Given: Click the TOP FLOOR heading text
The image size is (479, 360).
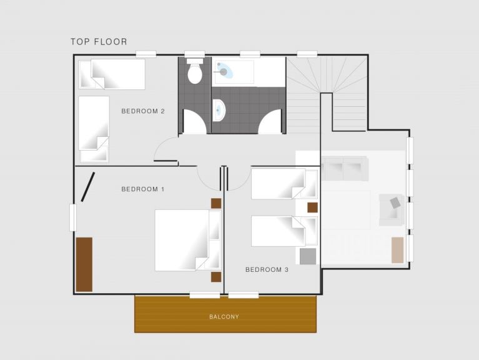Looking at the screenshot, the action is point(99,41).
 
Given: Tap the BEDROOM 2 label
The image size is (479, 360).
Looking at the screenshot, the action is point(143,111).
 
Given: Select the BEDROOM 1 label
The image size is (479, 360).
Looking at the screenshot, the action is point(143,189).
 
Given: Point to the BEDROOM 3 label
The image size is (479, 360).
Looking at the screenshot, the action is point(267,269).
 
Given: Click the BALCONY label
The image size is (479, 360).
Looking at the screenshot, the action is point(224,317).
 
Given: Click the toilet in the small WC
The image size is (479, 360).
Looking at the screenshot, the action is point(195,71).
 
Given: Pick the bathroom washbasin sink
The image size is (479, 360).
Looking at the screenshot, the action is point(219,110).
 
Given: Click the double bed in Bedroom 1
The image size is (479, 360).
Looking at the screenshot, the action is point(187,240).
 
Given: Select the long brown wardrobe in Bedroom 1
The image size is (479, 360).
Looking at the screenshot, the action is point(84,264).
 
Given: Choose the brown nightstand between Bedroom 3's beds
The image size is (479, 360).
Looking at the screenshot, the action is point(312,207).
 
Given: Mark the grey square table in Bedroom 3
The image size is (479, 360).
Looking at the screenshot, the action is point(308,256).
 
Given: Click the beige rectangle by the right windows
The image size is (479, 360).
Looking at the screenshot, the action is point(398,250).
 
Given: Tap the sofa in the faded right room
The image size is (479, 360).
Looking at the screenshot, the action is point(345,169).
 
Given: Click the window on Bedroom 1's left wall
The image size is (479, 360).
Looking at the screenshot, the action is point(72,217).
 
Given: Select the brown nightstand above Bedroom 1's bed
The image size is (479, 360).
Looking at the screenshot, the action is point(216,204).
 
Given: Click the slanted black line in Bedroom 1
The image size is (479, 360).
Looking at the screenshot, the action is point(87,187).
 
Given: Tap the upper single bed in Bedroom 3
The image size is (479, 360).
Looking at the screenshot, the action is point(284,184).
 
